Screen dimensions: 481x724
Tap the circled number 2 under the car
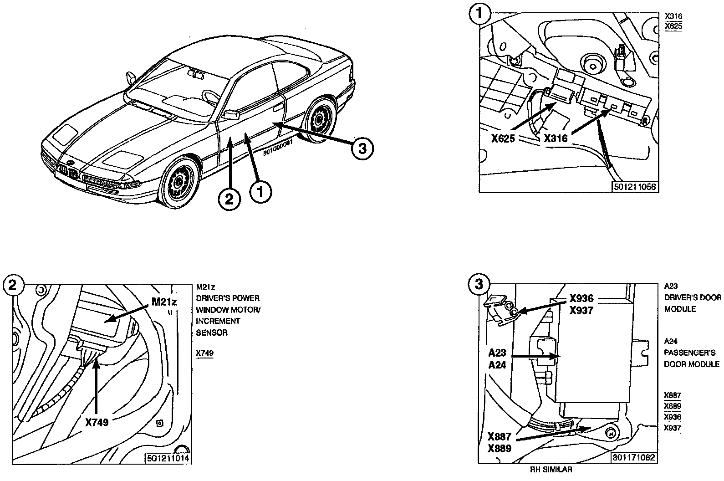[x=229, y=199]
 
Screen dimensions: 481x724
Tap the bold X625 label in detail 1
[x=503, y=138]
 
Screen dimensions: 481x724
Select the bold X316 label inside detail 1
[x=556, y=138]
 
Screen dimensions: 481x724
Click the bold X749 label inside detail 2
[x=97, y=422]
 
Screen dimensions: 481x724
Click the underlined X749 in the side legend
[x=204, y=353]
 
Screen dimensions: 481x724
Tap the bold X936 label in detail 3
[x=581, y=299]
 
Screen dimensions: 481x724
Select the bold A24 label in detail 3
[x=497, y=365]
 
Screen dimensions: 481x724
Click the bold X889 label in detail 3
[x=499, y=448]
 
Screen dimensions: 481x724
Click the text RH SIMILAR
[x=551, y=470]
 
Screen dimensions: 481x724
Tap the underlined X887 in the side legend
[x=673, y=395]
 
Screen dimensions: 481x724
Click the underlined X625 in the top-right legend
[x=673, y=26]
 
